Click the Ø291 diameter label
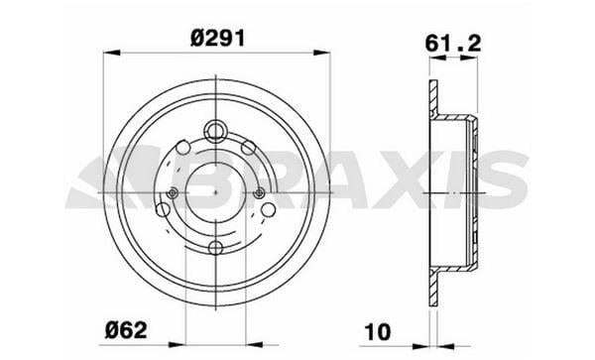click(x=218, y=39)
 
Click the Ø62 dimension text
click(x=126, y=331)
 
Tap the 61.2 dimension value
click(x=453, y=44)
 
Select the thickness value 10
click(x=377, y=332)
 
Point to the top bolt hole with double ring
click(x=215, y=132)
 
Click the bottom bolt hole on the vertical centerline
click(x=215, y=248)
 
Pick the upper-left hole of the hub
click(x=182, y=148)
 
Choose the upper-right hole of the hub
click(x=249, y=148)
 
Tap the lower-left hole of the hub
click(x=164, y=210)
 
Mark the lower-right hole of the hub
click(x=269, y=210)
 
